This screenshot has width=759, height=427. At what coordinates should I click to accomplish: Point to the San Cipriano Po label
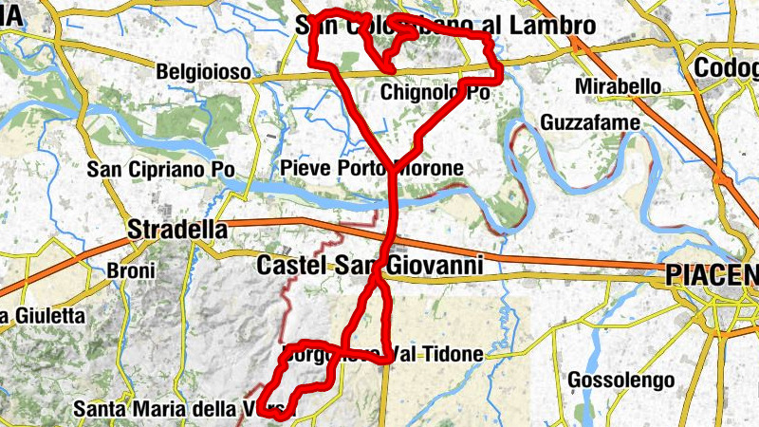click(x=160, y=170)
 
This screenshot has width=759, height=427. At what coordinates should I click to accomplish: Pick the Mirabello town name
click(x=618, y=87)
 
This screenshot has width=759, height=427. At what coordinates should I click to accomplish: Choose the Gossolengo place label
click(x=620, y=381)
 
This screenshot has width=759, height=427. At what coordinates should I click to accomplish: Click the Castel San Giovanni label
click(x=370, y=266)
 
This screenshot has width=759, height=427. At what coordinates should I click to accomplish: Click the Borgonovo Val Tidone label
click(x=381, y=354)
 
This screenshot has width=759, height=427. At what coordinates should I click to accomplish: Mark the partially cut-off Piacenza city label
click(x=712, y=275)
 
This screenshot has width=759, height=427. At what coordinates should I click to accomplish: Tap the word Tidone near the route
click(x=454, y=354)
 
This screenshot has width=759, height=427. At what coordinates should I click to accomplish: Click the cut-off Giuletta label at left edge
click(x=43, y=315)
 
